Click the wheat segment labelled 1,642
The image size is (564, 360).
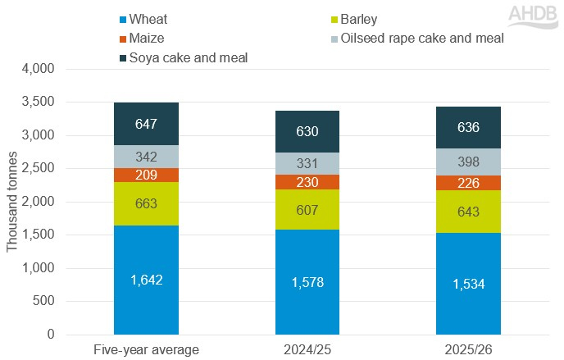pos(146,280)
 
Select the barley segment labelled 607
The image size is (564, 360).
pos(307,209)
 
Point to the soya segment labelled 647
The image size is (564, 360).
pos(146,124)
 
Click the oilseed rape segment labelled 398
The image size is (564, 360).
pos(468,162)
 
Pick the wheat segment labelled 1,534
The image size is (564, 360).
pos(468,284)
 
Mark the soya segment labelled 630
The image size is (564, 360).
pos(307,131)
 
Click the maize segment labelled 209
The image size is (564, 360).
pos(146,175)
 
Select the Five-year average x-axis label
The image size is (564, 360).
pos(146,349)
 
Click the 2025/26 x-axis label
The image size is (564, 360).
pos(468,349)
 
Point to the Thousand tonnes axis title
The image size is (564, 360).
pos(11,203)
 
